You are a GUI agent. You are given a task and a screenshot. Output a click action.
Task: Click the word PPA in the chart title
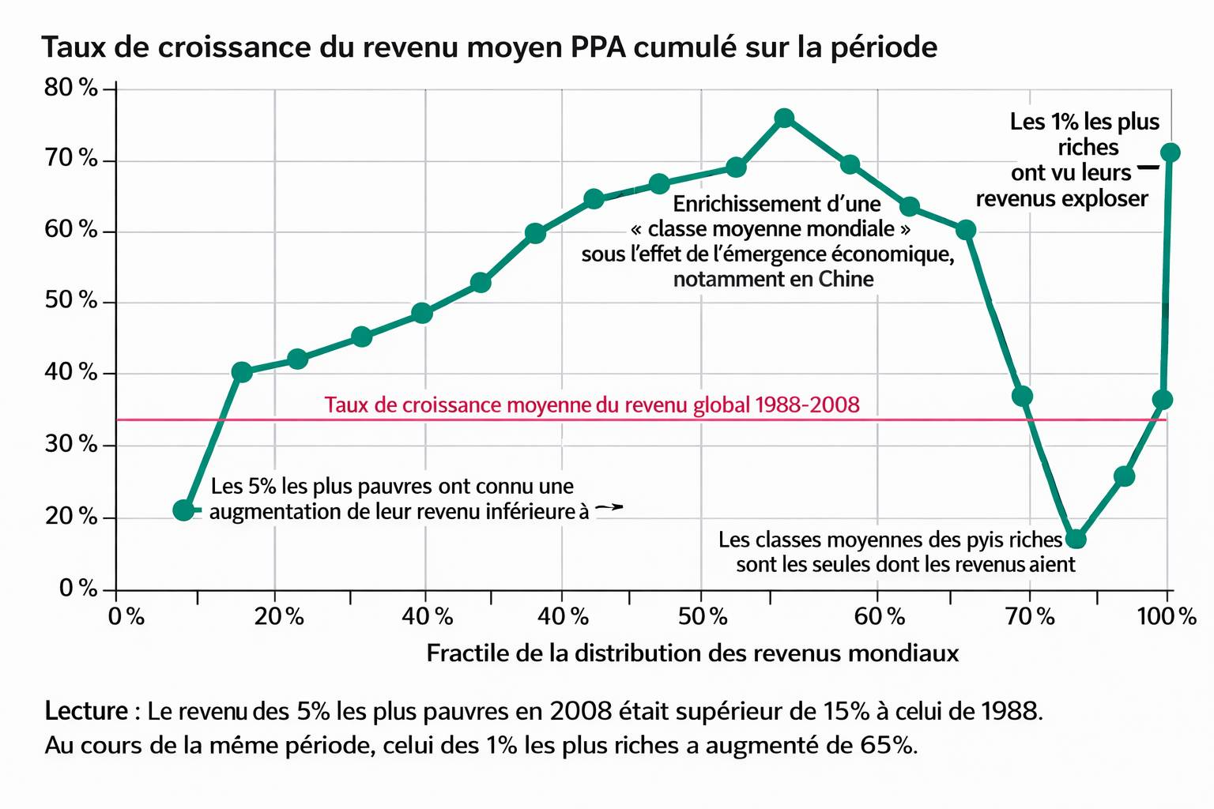[598, 47]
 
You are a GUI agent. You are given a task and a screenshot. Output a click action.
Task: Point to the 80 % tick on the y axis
[71, 87]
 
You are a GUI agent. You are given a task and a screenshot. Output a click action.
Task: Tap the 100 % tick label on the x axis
[1167, 616]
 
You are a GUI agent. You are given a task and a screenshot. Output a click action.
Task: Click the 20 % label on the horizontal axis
[279, 616]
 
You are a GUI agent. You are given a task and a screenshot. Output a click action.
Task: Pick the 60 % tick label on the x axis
[880, 616]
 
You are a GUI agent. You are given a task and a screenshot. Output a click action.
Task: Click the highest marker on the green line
[784, 119]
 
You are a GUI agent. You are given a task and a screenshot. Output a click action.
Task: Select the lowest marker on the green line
[1076, 539]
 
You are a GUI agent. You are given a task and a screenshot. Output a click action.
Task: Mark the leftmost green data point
[183, 510]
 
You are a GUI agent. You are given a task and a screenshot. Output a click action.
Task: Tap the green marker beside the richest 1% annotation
[1171, 152]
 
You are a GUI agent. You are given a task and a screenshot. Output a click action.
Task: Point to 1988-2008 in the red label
[807, 405]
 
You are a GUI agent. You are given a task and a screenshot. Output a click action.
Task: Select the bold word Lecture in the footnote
[86, 711]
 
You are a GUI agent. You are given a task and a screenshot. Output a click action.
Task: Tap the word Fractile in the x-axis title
[460, 653]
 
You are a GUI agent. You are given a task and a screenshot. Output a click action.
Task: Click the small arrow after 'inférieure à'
[609, 508]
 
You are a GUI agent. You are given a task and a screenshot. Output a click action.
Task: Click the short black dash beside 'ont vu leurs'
[1148, 167]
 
